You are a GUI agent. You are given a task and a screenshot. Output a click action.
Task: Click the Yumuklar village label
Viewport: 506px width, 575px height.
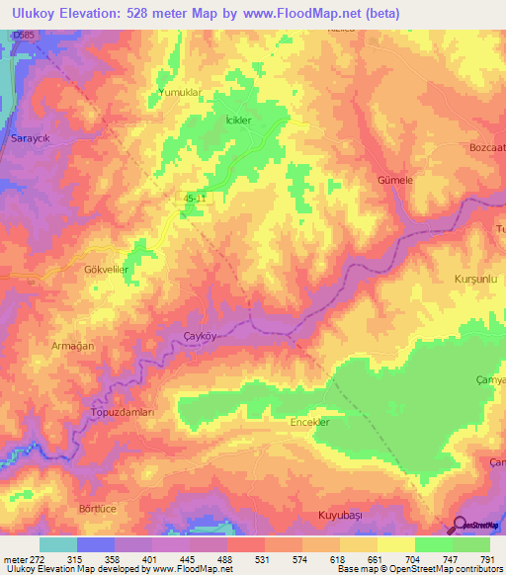click(180, 92)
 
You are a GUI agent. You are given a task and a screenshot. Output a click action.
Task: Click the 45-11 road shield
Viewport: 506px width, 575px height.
click(194, 199)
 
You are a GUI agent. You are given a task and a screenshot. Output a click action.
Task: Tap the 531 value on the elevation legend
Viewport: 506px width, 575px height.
click(263, 559)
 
